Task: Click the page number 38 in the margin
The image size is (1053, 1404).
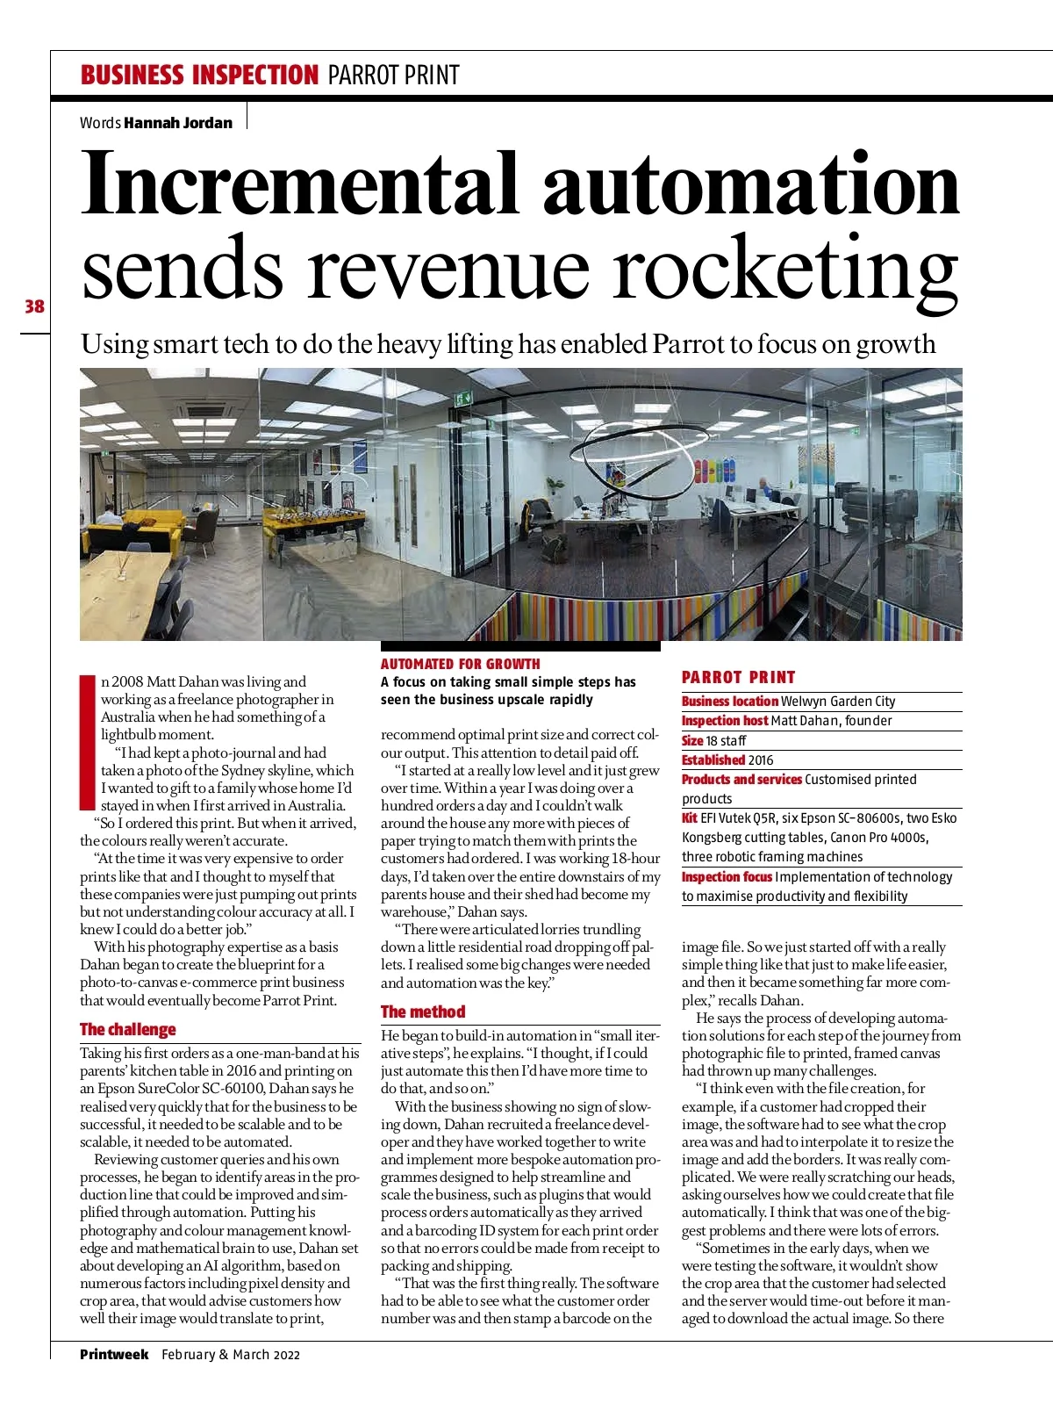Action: click(34, 306)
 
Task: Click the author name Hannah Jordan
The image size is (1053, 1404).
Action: click(178, 123)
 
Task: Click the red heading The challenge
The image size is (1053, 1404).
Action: click(128, 1029)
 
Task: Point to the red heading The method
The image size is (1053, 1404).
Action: click(423, 1012)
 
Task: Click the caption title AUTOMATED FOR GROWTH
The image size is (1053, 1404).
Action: click(461, 664)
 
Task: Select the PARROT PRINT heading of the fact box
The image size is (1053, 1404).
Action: click(739, 677)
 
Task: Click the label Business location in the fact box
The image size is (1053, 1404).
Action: click(730, 702)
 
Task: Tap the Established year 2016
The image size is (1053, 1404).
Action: click(761, 760)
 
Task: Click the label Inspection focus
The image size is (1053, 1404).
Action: click(727, 877)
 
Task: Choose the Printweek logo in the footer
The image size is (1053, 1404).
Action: click(114, 1354)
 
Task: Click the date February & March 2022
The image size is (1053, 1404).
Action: click(231, 1355)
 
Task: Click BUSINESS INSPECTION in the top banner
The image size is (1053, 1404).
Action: click(199, 76)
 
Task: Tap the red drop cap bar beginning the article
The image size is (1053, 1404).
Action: click(87, 742)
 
